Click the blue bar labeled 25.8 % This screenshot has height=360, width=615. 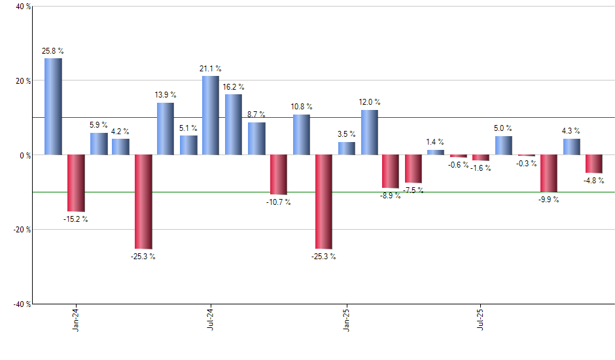[x=54, y=107]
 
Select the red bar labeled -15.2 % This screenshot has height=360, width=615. [x=76, y=183]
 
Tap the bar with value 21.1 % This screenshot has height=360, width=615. [x=211, y=116]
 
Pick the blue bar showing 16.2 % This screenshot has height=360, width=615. [x=234, y=125]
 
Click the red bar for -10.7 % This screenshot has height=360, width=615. [x=279, y=175]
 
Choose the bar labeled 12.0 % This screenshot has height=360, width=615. [x=370, y=132]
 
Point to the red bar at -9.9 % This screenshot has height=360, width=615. [x=548, y=173]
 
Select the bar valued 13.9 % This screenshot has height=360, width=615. [x=166, y=129]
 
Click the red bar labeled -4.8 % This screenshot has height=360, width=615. [x=594, y=164]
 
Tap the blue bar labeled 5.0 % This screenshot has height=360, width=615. [x=504, y=145]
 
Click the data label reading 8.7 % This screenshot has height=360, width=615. [x=256, y=115]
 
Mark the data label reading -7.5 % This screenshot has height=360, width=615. [x=413, y=190]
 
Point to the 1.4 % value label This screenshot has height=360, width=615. [x=435, y=142]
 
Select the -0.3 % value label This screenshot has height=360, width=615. [x=526, y=164]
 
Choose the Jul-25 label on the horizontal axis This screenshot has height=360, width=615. [x=482, y=319]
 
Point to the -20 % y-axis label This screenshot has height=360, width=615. [x=14, y=230]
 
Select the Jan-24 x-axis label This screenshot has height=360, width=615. [x=77, y=319]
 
